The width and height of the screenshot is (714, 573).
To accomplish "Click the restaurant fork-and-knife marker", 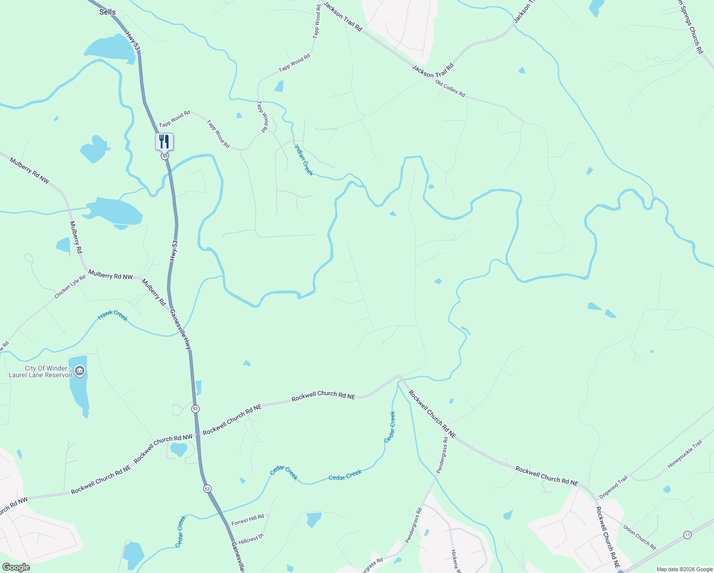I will [x=164, y=141].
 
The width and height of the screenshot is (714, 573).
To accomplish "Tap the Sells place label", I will [x=107, y=12].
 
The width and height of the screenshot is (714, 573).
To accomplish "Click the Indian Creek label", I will [x=304, y=160].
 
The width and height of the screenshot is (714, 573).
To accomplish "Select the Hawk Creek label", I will [x=113, y=316].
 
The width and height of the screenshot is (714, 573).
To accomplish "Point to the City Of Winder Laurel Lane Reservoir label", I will [x=40, y=371].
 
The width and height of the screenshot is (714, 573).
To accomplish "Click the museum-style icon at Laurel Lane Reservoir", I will [x=80, y=371].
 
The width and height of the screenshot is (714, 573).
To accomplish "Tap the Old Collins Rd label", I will [x=450, y=89].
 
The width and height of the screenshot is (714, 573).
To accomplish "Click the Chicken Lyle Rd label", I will [x=70, y=287].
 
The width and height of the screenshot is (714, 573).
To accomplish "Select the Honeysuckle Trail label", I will [x=685, y=454].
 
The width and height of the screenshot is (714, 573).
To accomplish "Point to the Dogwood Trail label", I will [x=613, y=488].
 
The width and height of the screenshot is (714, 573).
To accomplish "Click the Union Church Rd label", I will [x=640, y=537].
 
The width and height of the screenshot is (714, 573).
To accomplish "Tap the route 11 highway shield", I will [x=687, y=535].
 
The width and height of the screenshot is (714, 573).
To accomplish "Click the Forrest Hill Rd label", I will [x=248, y=520].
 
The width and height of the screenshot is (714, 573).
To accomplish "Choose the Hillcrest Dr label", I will [x=251, y=539].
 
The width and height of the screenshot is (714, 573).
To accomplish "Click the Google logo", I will [x=16, y=567].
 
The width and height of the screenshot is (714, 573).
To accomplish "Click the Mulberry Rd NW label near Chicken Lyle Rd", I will [x=110, y=276].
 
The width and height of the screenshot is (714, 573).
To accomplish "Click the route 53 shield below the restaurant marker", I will [x=165, y=156].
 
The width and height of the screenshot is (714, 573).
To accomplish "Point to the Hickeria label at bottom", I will [x=456, y=561].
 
